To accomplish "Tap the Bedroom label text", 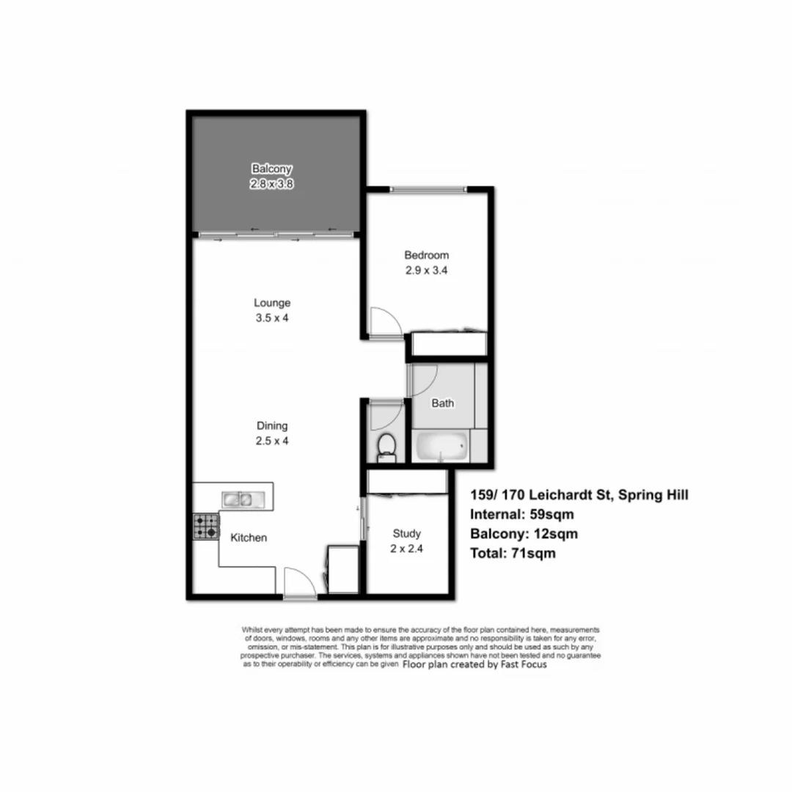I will click(x=427, y=255).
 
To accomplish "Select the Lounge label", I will click(x=272, y=302).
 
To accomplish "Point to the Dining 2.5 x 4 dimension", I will click(x=272, y=441).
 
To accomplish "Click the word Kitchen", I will click(x=249, y=538).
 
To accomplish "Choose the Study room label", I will click(x=406, y=534).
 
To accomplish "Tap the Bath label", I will click(x=442, y=403).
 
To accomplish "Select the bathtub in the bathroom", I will click(x=441, y=447).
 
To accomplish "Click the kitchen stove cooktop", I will click(x=206, y=526).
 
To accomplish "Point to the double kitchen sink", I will click(x=238, y=500).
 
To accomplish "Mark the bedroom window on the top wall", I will click(x=428, y=190).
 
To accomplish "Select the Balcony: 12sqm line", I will click(x=524, y=534).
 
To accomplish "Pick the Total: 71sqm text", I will click(x=513, y=554).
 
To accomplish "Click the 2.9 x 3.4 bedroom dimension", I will click(x=427, y=270).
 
